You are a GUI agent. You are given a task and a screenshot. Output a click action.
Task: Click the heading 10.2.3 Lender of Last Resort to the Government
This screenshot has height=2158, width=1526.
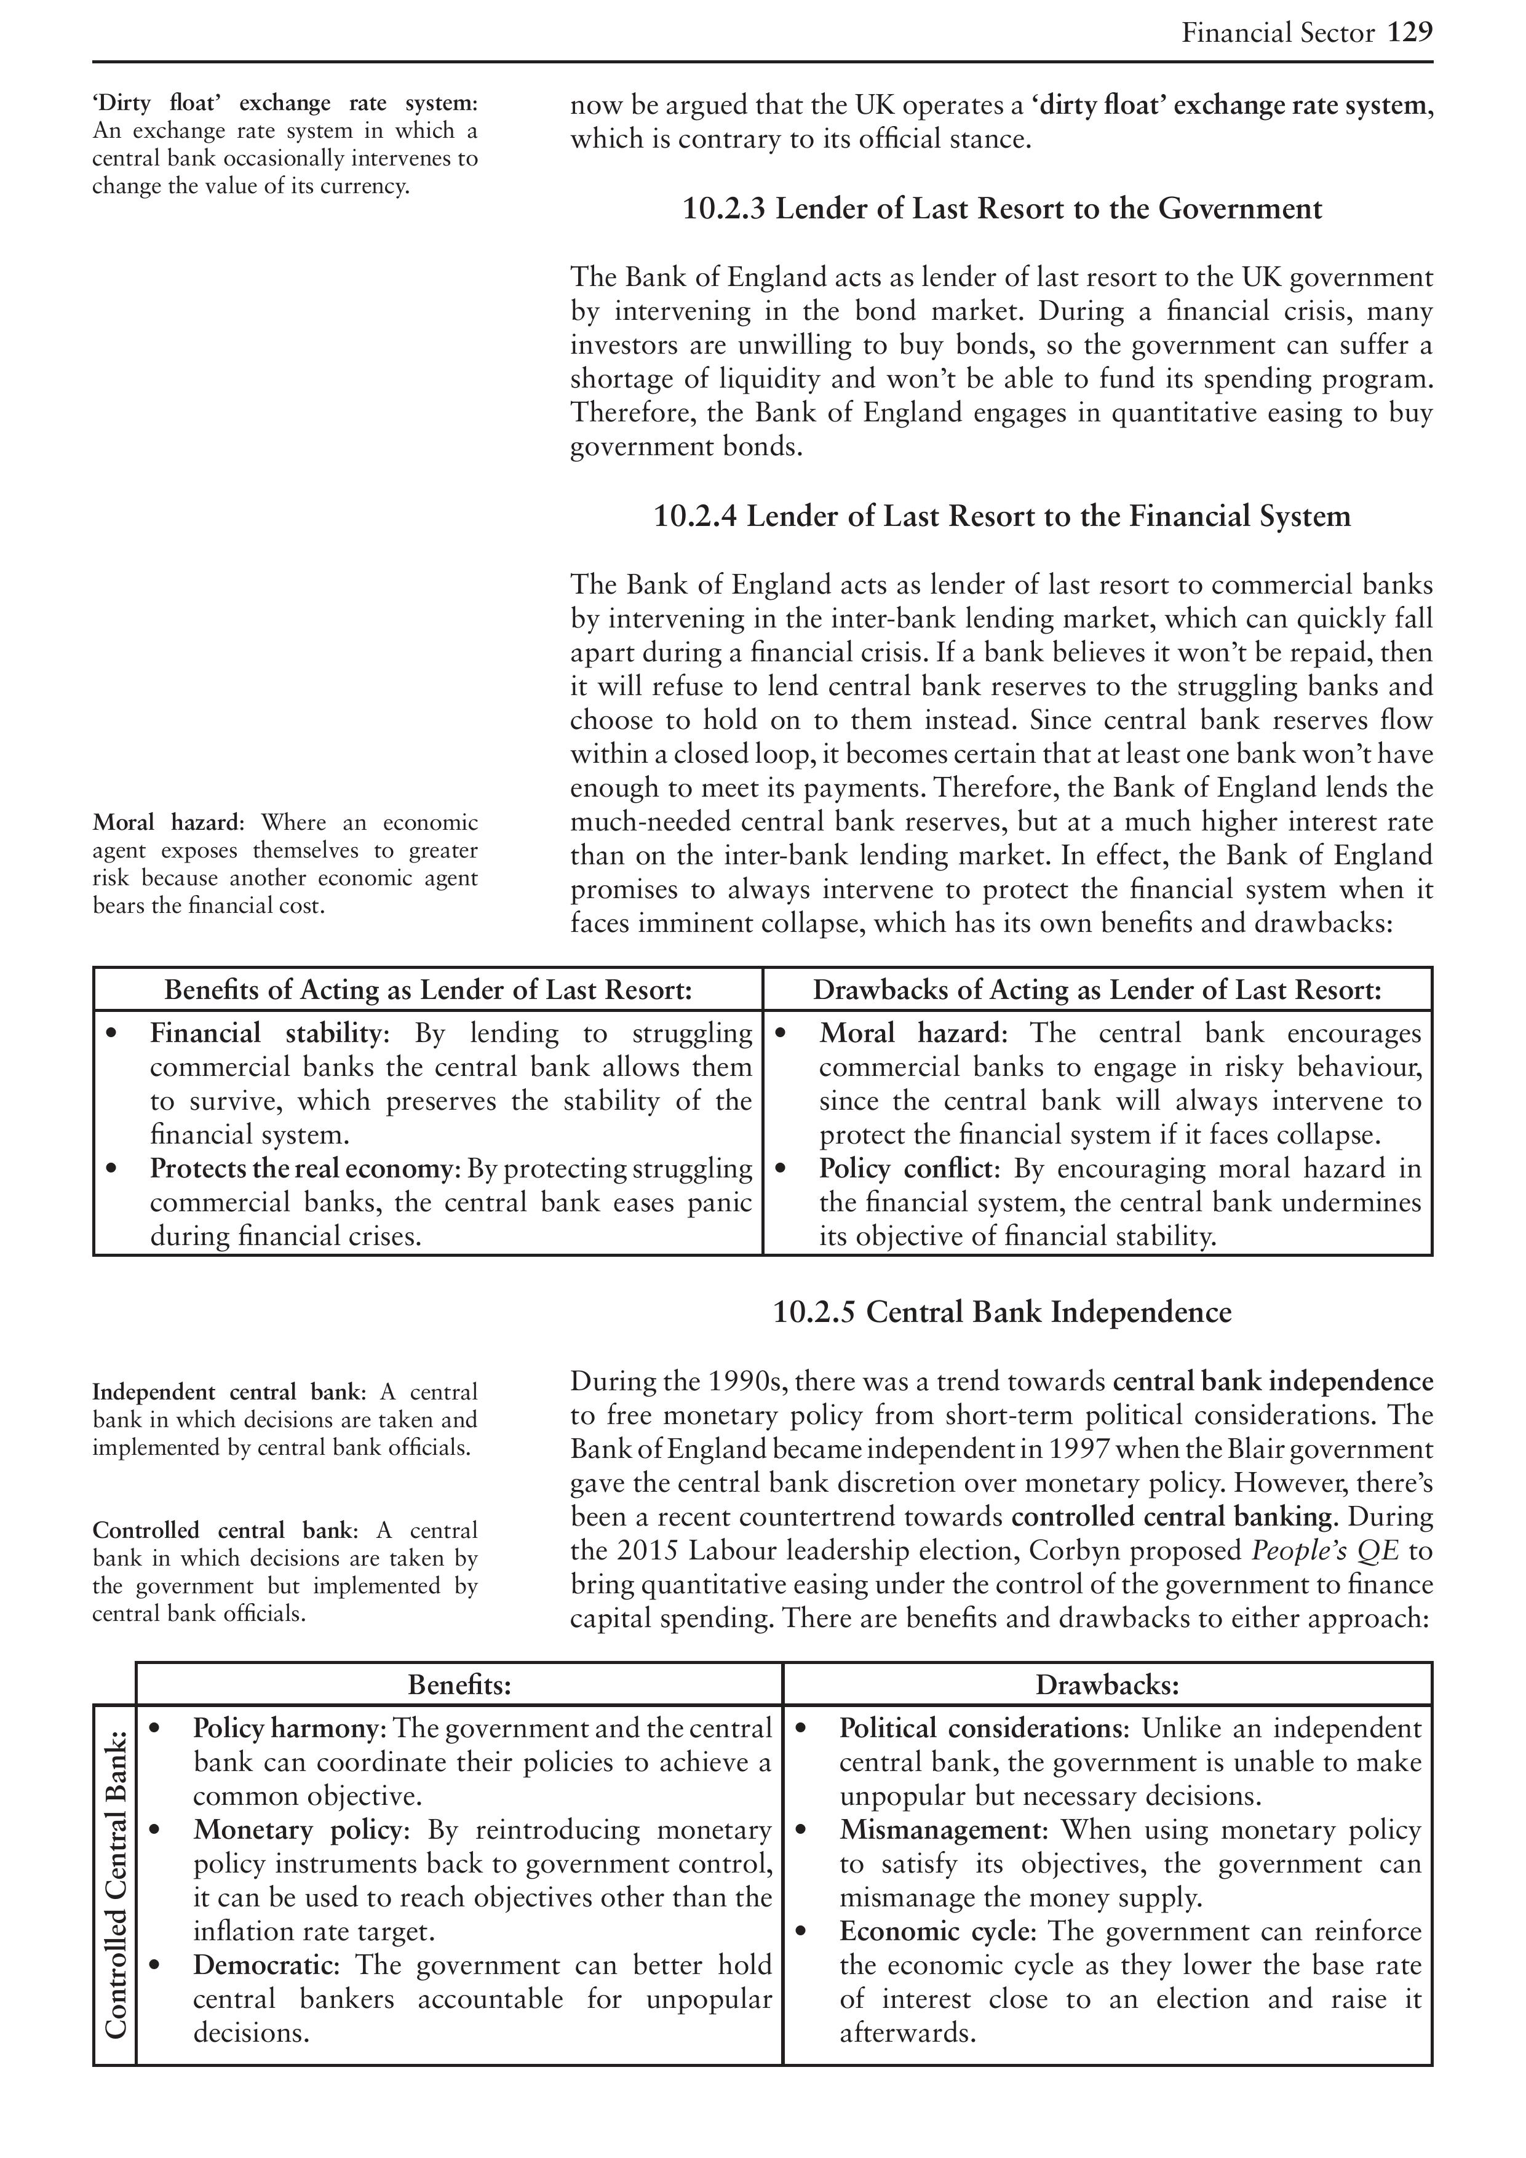(1002, 208)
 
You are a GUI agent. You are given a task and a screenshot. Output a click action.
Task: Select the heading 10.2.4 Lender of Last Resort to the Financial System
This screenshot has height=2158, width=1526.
(1002, 516)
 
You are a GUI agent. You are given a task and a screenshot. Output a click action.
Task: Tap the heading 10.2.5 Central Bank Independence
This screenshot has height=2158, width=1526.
(1002, 1312)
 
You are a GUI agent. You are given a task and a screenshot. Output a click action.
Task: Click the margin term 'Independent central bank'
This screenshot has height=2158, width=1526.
(226, 1392)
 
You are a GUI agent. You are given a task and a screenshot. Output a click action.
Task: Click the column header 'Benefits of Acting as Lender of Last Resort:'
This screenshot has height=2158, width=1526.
(427, 990)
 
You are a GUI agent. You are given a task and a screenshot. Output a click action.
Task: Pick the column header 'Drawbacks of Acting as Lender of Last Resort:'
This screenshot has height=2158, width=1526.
(1097, 990)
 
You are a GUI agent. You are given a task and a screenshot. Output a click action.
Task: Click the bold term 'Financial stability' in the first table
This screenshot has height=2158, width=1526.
(269, 1034)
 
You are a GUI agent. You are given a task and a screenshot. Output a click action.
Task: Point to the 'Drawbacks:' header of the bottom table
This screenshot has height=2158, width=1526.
(1107, 1684)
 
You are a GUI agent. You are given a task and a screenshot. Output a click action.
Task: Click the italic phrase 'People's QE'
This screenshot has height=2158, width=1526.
(1325, 1551)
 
